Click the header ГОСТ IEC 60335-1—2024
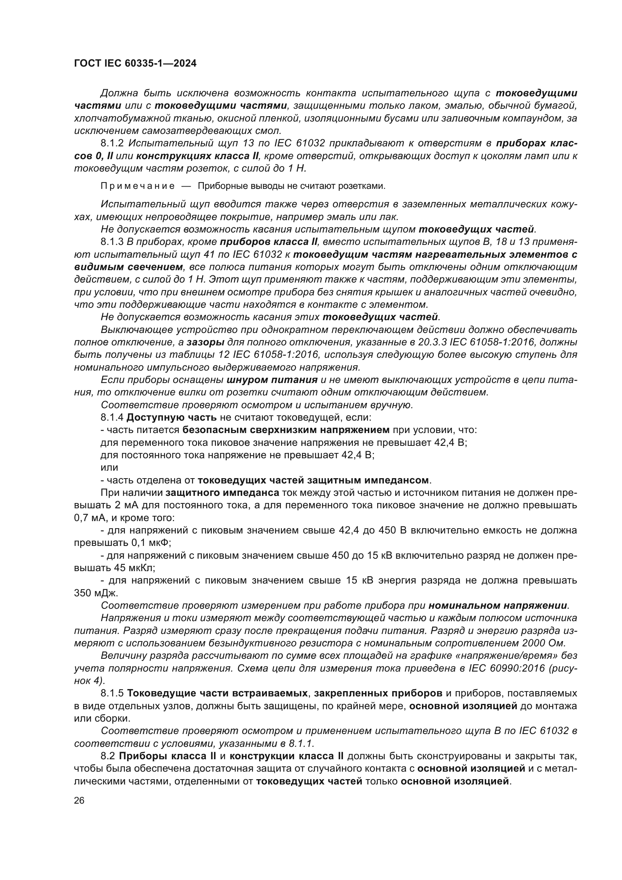tap(135, 64)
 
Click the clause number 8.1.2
tap(112, 143)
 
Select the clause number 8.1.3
tap(112, 242)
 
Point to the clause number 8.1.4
tap(112, 417)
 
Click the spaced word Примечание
tap(138, 186)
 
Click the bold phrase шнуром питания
tap(272, 380)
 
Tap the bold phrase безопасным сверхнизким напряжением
tap(286, 430)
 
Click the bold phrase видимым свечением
tap(128, 267)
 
